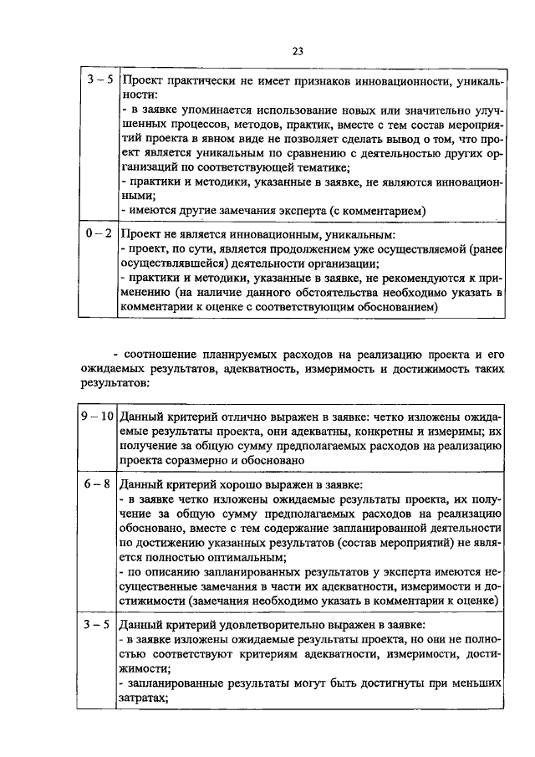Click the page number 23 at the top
[297, 52]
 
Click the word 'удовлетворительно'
[273, 625]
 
